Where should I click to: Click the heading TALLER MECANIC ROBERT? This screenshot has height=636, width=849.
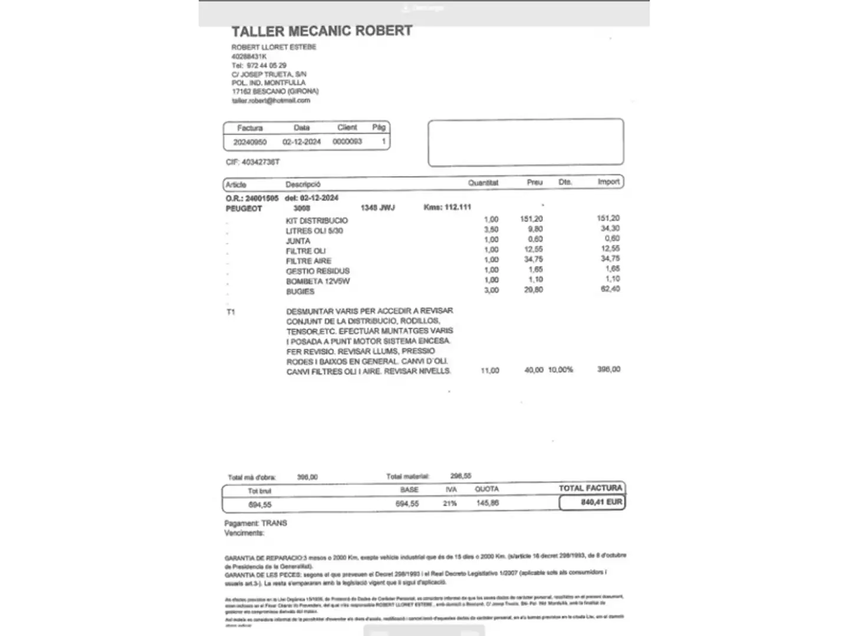pyautogui.click(x=321, y=31)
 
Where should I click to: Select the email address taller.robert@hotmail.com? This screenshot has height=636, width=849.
pyautogui.click(x=271, y=101)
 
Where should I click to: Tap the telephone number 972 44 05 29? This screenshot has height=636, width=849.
pyautogui.click(x=266, y=65)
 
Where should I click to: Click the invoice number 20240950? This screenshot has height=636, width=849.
pyautogui.click(x=250, y=143)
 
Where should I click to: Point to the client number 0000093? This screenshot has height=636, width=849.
pyautogui.click(x=347, y=142)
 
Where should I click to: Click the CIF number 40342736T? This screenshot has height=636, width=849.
pyautogui.click(x=261, y=162)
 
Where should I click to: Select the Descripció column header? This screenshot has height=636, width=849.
pyautogui.click(x=303, y=184)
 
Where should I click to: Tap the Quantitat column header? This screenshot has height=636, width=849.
pyautogui.click(x=483, y=183)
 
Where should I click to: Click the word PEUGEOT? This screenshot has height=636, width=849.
pyautogui.click(x=243, y=208)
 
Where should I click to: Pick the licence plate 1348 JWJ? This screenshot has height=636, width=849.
pyautogui.click(x=377, y=208)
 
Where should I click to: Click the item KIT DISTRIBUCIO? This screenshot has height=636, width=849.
pyautogui.click(x=317, y=221)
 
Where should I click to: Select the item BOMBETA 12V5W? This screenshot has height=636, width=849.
pyautogui.click(x=318, y=281)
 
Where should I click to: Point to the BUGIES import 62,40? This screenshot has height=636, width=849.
pyautogui.click(x=610, y=289)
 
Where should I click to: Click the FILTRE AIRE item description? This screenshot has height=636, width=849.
pyautogui.click(x=308, y=261)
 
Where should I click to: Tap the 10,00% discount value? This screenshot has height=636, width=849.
pyautogui.click(x=560, y=370)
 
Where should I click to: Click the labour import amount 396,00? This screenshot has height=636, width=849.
pyautogui.click(x=608, y=369)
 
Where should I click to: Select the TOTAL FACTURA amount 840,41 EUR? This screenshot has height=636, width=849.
pyautogui.click(x=601, y=502)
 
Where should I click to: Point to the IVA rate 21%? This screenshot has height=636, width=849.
pyautogui.click(x=450, y=503)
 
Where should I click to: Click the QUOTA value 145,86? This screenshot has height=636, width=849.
pyautogui.click(x=487, y=503)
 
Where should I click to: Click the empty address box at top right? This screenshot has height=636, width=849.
pyautogui.click(x=525, y=143)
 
